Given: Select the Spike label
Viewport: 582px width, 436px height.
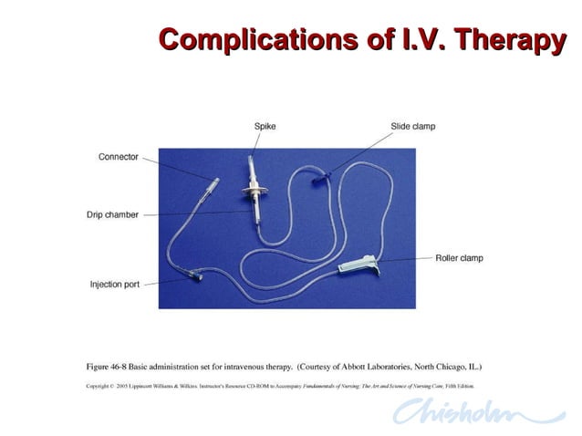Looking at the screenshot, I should click(265, 126).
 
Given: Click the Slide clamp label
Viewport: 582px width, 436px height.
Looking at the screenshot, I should click(412, 126).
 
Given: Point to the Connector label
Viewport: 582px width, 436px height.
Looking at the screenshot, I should click(119, 157).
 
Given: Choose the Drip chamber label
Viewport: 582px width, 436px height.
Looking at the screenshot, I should click(114, 215).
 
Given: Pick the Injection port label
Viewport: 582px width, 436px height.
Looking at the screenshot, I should click(115, 285).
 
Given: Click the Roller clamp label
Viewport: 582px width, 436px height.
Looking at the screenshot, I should click(459, 258).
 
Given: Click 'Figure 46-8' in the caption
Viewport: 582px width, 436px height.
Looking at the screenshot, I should click(108, 367).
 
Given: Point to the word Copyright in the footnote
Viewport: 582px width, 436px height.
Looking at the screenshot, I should click(98, 386).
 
